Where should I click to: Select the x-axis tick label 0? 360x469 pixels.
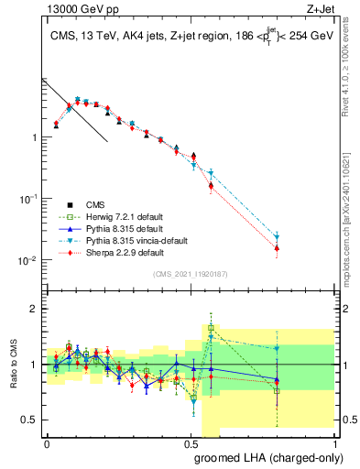pos(47,443)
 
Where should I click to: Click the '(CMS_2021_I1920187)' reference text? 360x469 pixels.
pos(190,273)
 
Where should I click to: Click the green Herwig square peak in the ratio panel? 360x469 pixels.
pos(211,327)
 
